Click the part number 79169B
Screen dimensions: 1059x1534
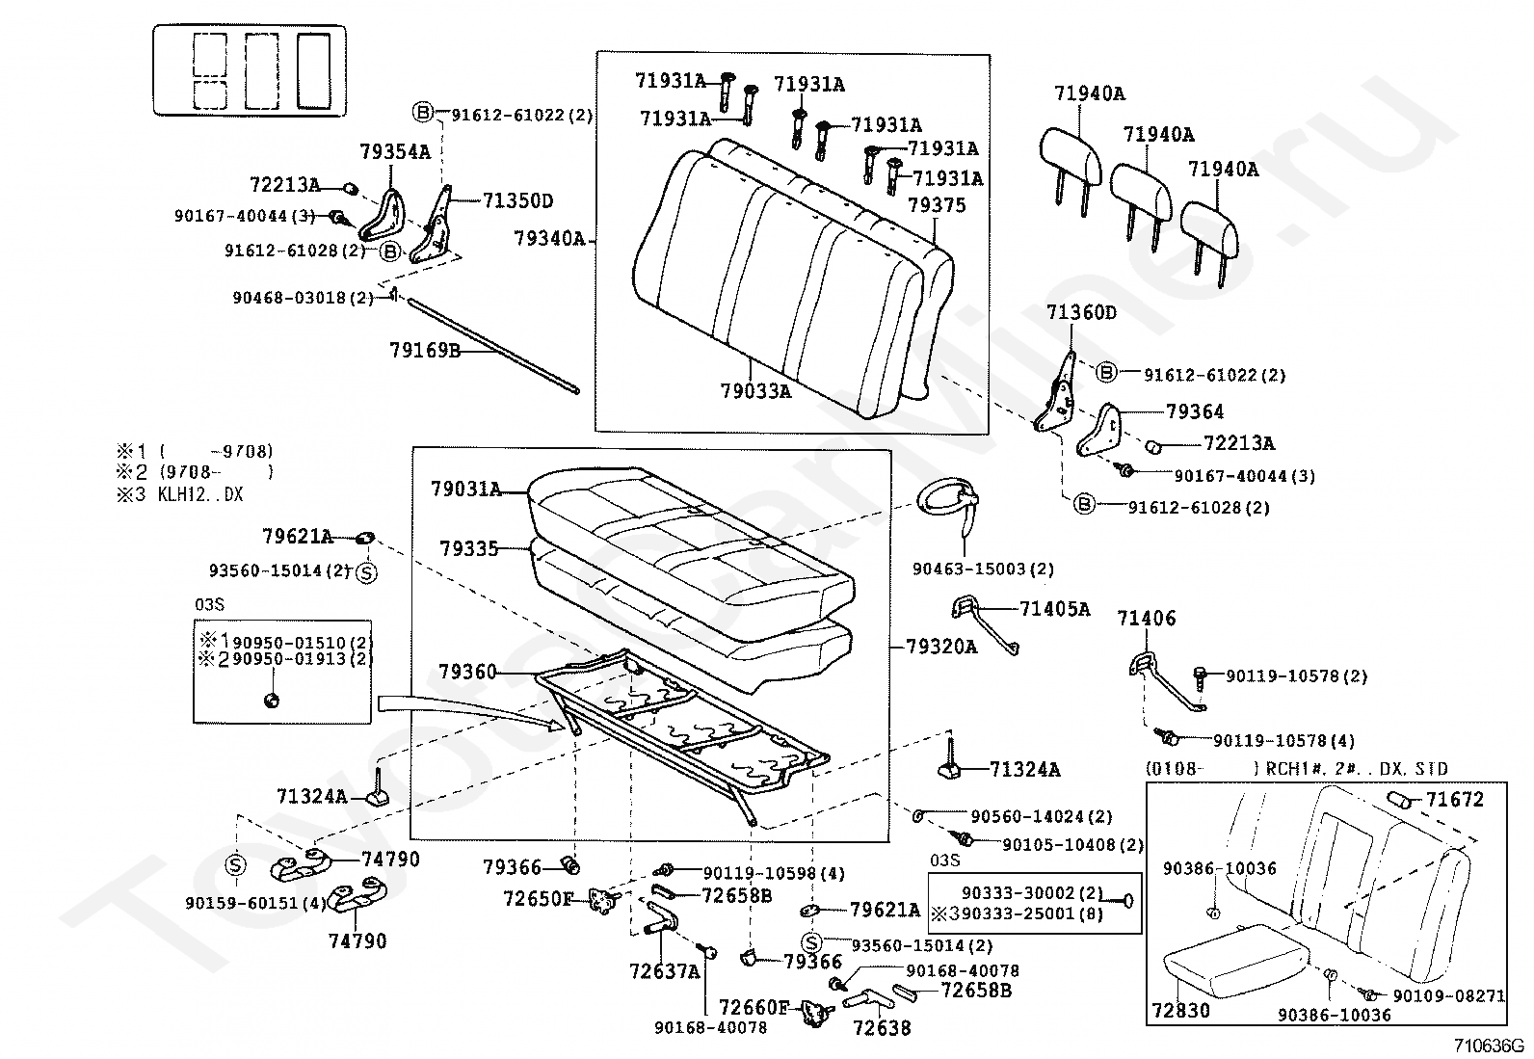click(425, 350)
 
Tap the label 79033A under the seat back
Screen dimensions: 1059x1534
click(754, 391)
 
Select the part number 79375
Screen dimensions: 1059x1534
click(937, 205)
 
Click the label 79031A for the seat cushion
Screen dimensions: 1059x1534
click(466, 490)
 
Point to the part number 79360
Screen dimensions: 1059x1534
click(468, 671)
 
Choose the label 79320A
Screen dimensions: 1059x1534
click(940, 646)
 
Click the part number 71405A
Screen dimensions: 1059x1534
click(1055, 609)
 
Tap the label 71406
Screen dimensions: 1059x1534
click(1147, 619)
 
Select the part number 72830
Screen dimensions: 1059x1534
click(1179, 1011)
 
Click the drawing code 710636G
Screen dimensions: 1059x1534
click(1490, 1046)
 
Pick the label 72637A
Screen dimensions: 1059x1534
click(664, 971)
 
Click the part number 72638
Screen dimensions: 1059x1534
click(881, 1027)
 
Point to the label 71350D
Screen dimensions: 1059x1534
click(517, 200)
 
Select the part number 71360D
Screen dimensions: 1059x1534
click(1081, 313)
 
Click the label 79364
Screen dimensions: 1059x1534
click(1195, 412)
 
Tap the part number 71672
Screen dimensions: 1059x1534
click(1455, 799)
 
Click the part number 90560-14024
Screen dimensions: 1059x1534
click(1041, 817)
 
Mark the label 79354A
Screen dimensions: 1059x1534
click(395, 151)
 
